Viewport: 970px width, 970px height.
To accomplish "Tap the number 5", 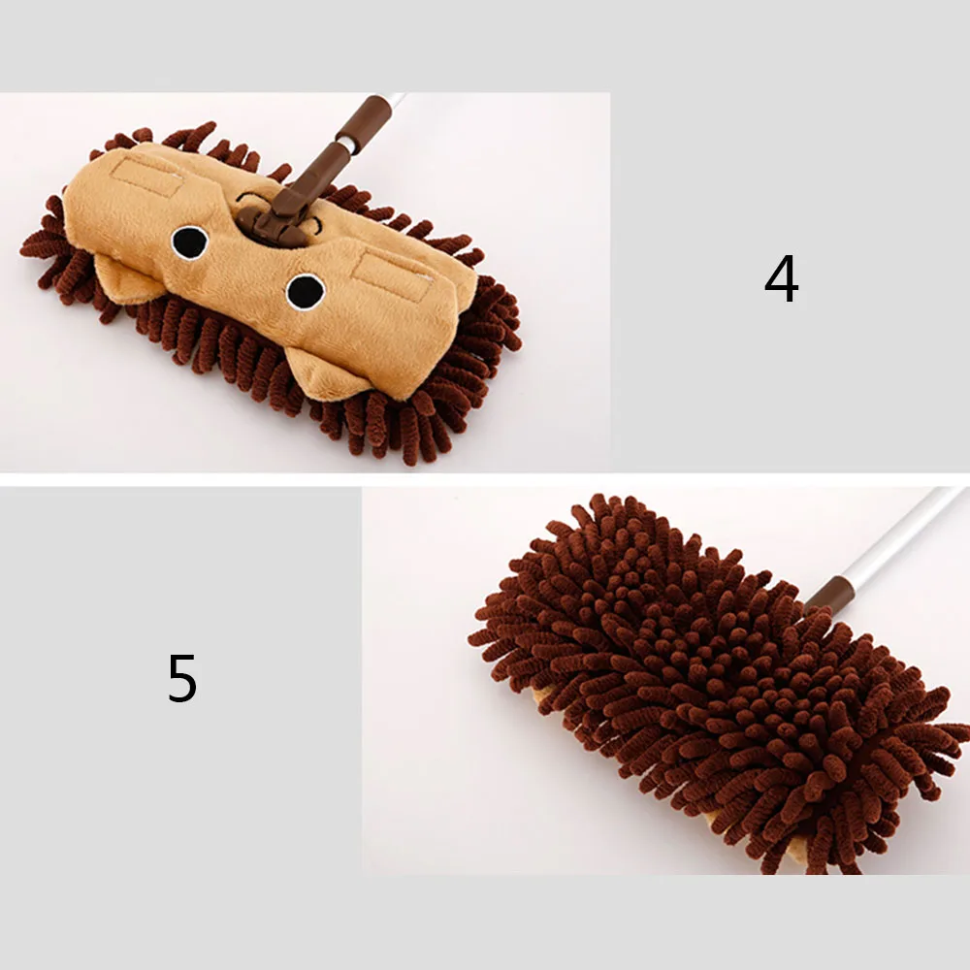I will click(x=182, y=679).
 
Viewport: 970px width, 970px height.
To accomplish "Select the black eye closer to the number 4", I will click(x=306, y=291).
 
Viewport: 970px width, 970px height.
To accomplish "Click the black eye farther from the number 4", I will click(x=190, y=242).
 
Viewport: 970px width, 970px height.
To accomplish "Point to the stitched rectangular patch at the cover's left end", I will click(x=145, y=176).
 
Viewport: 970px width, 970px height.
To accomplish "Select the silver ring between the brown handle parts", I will click(x=341, y=146).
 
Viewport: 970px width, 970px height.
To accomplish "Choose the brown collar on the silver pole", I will click(x=829, y=594).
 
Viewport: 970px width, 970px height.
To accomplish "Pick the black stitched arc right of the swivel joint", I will click(x=315, y=226).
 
